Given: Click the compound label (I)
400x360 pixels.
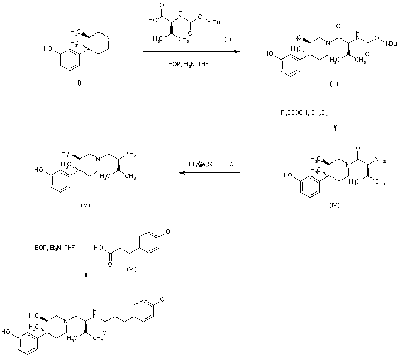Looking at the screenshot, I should point(78,82).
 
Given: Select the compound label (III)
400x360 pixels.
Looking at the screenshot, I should point(334,83).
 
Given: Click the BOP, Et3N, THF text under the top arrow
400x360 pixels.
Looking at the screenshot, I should point(188,65).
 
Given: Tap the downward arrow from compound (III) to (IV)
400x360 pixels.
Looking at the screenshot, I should point(335,114).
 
